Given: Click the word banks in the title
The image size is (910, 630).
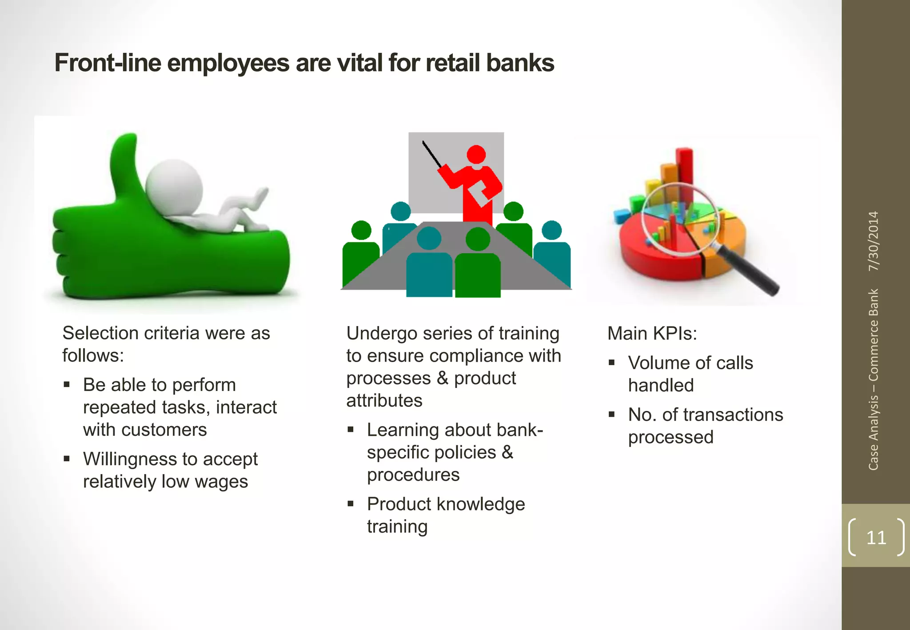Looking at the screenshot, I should [520, 63].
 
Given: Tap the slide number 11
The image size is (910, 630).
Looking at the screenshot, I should [876, 538].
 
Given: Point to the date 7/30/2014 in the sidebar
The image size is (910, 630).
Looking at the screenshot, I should [874, 241].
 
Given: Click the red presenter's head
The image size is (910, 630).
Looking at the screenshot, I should [476, 154].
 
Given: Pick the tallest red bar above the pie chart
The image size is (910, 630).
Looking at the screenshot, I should [684, 167].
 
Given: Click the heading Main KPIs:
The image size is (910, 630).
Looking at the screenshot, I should [652, 333].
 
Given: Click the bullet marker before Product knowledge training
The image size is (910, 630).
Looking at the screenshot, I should [351, 504].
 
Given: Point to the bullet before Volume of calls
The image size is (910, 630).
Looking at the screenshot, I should [612, 363].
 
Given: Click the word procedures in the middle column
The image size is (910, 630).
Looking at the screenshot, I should [413, 475].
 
